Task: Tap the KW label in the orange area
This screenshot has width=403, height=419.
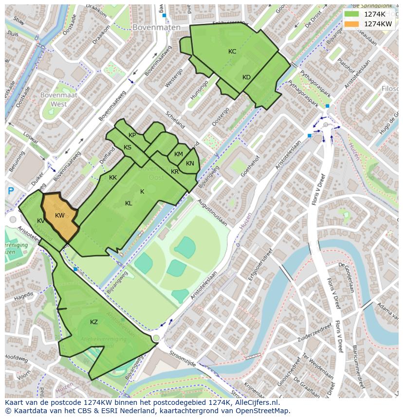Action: click(60, 216)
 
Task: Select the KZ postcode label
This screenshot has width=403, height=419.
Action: click(94, 322)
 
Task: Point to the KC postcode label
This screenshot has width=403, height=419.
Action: click(232, 52)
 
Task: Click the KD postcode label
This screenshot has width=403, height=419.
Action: click(246, 77)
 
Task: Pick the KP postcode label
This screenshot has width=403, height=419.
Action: click(132, 135)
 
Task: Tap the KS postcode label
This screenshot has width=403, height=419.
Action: click(128, 147)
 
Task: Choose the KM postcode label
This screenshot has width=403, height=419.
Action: click(179, 154)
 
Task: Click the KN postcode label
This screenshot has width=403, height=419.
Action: click(190, 164)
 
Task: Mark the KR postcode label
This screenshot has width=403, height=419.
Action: click(175, 172)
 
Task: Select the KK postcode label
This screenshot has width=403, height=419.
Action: click(113, 178)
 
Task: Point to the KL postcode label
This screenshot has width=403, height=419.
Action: click(128, 203)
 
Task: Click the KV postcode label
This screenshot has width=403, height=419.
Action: click(41, 221)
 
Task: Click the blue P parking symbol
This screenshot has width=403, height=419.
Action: click(11, 192)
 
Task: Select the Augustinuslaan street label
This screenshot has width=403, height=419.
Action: click(213, 215)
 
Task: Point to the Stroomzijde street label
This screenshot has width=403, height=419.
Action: click(182, 360)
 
